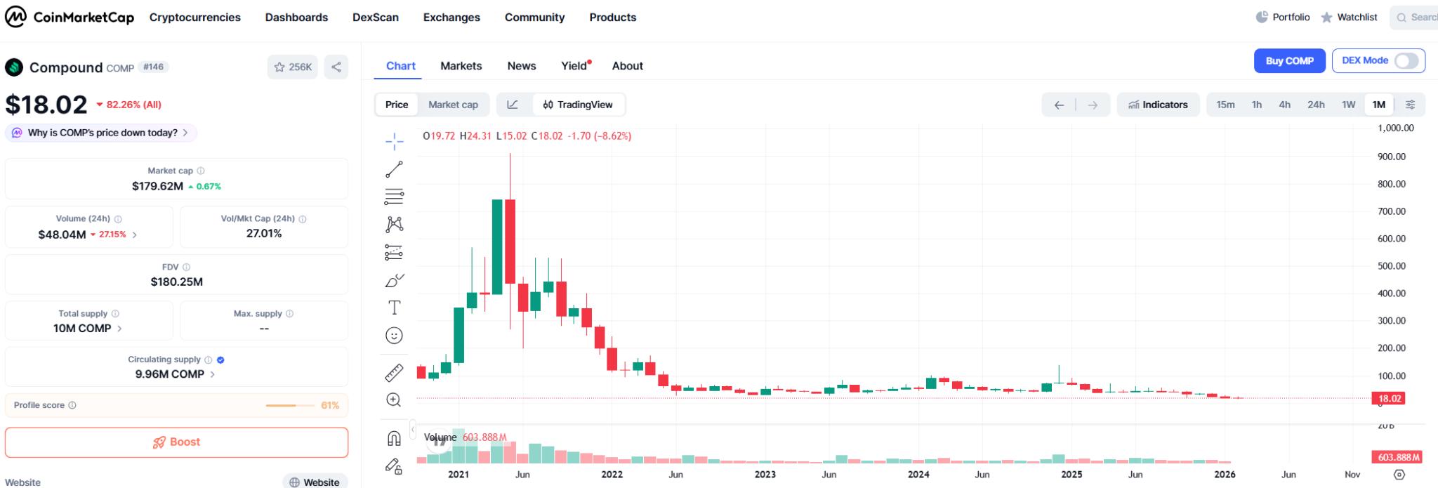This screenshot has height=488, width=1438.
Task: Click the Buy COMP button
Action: (x=1289, y=61)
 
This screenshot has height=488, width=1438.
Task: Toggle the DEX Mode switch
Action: (x=1406, y=61)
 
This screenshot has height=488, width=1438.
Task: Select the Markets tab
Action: (x=461, y=66)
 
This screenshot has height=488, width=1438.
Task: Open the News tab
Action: (x=521, y=66)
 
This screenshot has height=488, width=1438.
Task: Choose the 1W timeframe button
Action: (x=1348, y=105)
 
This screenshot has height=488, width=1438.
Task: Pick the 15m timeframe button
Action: (x=1225, y=105)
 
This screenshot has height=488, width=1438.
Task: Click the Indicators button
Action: (x=1158, y=105)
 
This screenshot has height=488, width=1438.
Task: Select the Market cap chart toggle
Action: (x=453, y=105)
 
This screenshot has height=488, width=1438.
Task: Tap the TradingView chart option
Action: (x=578, y=105)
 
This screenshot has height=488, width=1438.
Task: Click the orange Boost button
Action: (x=176, y=442)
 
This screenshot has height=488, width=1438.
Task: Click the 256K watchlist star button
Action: (x=293, y=67)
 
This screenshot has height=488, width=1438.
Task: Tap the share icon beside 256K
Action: (x=336, y=67)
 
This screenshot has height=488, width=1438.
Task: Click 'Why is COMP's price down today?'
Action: (x=102, y=133)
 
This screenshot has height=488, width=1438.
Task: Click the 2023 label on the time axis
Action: (x=765, y=475)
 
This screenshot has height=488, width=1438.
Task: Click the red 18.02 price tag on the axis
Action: (x=1390, y=399)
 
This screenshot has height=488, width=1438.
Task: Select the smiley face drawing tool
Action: (x=394, y=336)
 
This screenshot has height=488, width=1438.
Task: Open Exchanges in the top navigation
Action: (x=451, y=18)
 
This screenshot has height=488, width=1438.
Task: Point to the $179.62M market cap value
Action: (x=157, y=186)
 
